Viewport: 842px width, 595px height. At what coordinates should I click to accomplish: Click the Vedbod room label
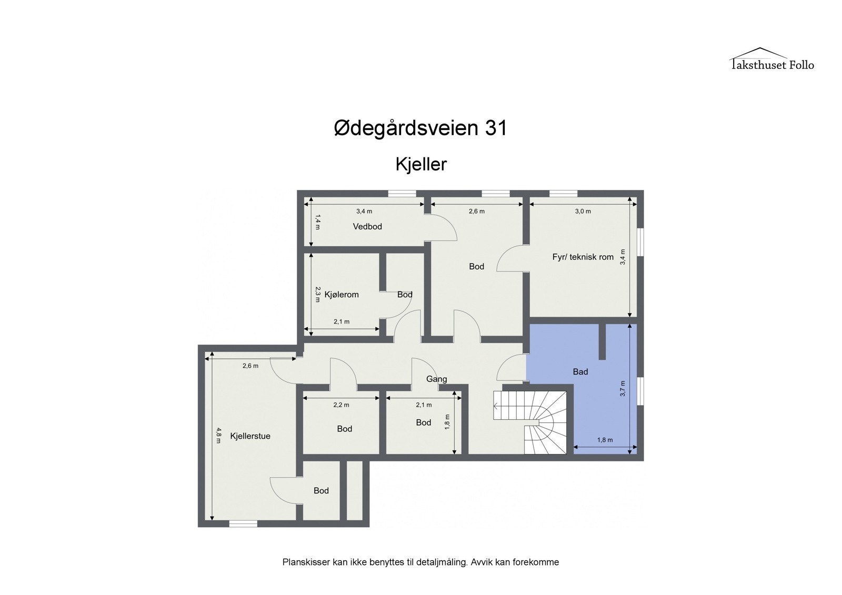tap(367, 227)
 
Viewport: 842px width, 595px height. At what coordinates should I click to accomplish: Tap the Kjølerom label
tap(342, 295)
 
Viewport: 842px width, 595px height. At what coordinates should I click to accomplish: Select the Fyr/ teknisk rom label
tap(583, 257)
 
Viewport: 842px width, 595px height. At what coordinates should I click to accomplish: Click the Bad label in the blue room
tap(580, 372)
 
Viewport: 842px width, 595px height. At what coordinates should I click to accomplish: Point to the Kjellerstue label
tap(250, 436)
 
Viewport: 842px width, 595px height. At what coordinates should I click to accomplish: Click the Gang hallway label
tap(436, 379)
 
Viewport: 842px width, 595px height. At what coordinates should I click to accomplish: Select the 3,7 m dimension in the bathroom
tap(623, 388)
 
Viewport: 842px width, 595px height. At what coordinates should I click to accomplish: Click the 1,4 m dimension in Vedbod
tap(317, 221)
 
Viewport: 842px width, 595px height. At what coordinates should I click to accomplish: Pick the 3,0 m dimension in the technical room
tap(583, 211)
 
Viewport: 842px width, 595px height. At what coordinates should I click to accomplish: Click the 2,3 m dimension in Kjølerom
tap(317, 294)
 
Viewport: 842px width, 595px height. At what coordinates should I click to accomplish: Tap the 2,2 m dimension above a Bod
tap(341, 405)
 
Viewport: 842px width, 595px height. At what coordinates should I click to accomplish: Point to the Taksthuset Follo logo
tap(771, 59)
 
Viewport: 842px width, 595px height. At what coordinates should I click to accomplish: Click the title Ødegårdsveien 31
tap(420, 128)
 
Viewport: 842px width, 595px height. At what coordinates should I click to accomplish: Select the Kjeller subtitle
tap(421, 164)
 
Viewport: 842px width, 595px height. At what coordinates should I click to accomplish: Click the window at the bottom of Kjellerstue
tap(243, 523)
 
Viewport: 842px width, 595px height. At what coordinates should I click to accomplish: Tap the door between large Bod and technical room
tap(512, 258)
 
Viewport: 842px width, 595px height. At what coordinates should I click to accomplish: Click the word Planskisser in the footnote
tap(306, 562)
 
